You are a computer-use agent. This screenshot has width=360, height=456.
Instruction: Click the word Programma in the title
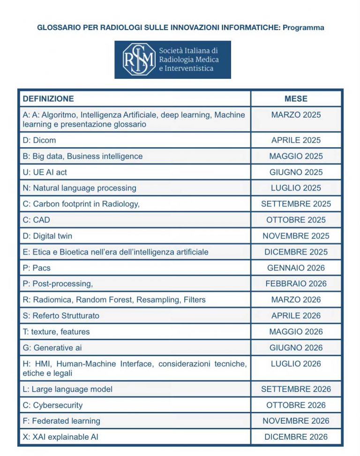pyautogui.click(x=303, y=28)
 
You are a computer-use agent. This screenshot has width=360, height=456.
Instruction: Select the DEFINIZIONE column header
pyautogui.click(x=48, y=99)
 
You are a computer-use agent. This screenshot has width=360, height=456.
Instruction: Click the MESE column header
pyautogui.click(x=296, y=99)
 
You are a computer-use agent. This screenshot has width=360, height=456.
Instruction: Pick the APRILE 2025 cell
pyautogui.click(x=296, y=140)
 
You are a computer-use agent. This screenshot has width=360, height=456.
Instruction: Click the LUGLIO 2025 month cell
pyautogui.click(x=296, y=188)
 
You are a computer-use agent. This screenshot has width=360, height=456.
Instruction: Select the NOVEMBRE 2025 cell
pyautogui.click(x=296, y=236)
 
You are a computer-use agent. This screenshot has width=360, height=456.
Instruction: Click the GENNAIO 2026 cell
pyautogui.click(x=296, y=268)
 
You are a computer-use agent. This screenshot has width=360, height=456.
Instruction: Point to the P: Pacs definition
pyautogui.click(x=37, y=268)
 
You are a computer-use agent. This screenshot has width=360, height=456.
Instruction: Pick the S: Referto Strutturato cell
pyautogui.click(x=61, y=316)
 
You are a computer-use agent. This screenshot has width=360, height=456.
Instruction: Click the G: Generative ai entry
pyautogui.click(x=52, y=348)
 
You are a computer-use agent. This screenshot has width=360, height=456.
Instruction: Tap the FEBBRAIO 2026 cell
pyautogui.click(x=296, y=284)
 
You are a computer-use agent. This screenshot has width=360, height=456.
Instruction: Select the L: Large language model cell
pyautogui.click(x=67, y=389)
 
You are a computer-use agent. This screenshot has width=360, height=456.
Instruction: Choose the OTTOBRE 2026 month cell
pyautogui.click(x=296, y=405)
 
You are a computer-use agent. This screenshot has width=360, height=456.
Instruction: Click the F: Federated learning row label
pyautogui.click(x=61, y=421)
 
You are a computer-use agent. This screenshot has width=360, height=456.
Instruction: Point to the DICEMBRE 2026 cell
pyautogui.click(x=296, y=437)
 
